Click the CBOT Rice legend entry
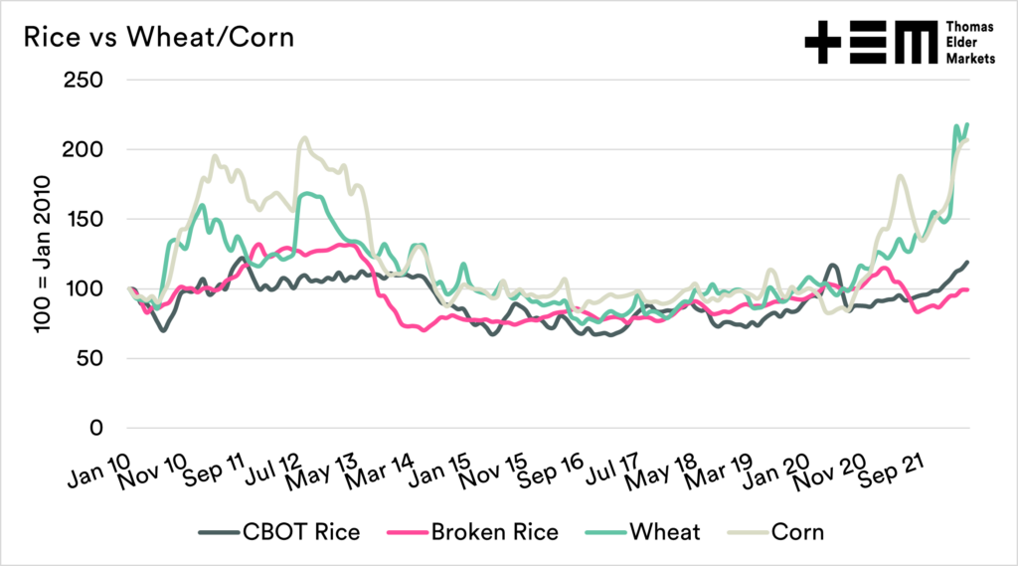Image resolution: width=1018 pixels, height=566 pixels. pos(294,531)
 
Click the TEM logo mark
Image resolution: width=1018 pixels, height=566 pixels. pos(870,45)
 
